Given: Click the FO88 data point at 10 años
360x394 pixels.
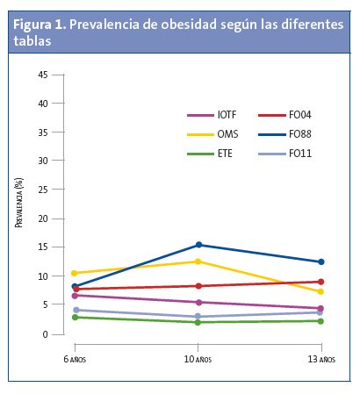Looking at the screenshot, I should pyautogui.click(x=198, y=245).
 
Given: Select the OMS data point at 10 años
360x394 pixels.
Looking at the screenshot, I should pyautogui.click(x=198, y=261).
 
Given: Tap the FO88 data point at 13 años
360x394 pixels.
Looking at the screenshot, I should pyautogui.click(x=321, y=261).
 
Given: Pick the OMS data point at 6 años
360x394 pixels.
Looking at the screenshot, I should pyautogui.click(x=76, y=273).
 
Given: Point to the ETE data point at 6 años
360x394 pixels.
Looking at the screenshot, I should pyautogui.click(x=76, y=317).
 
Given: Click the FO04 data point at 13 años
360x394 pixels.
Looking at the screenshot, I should pyautogui.click(x=321, y=282).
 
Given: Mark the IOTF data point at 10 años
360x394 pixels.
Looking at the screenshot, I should pyautogui.click(x=198, y=302).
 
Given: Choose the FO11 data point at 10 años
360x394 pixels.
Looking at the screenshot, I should pyautogui.click(x=198, y=316).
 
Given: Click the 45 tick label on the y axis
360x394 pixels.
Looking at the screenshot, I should pyautogui.click(x=42, y=75).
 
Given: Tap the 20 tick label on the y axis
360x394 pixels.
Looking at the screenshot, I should pyautogui.click(x=42, y=218).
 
